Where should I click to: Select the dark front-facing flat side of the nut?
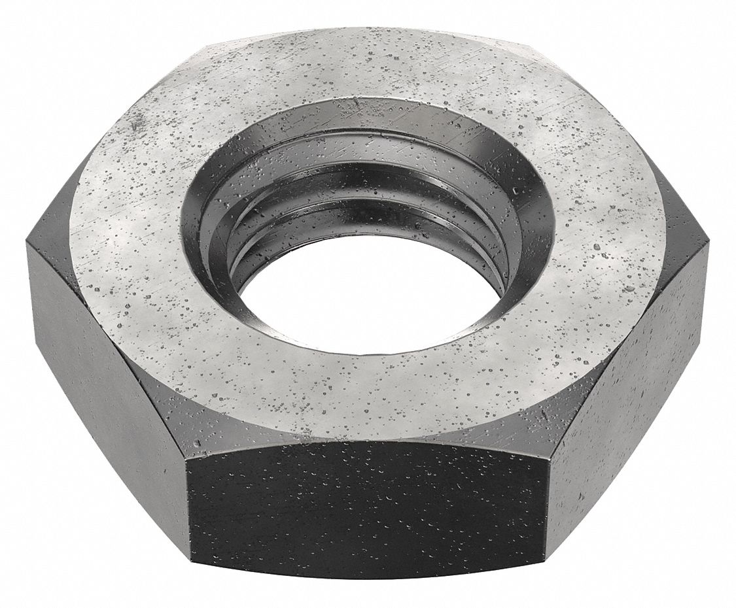pos(366,516)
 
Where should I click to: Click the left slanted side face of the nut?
pos(105,366)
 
